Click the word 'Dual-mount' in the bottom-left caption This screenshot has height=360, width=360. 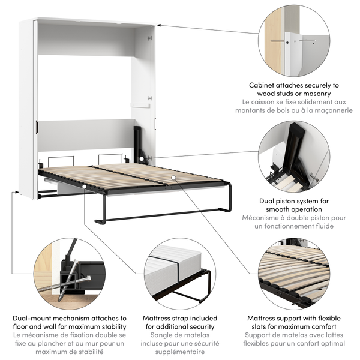(x=36, y=318)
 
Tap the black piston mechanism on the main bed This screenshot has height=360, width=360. (x=138, y=144)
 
